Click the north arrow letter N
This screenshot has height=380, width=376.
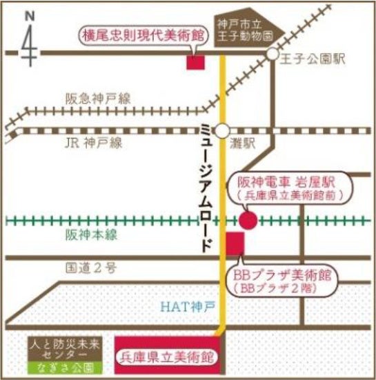[x=28, y=14]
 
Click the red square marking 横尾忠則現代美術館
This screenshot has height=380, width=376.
[x=196, y=61]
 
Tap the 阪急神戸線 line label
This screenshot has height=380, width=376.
[x=98, y=99]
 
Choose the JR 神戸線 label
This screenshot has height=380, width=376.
[x=94, y=143]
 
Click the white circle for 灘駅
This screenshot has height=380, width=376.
[x=221, y=130]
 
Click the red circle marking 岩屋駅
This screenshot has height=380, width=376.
[x=248, y=220]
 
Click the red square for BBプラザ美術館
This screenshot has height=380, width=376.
[x=235, y=243]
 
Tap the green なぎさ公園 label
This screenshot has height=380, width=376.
[x=64, y=368]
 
